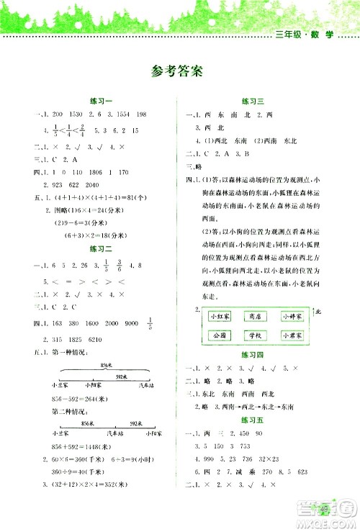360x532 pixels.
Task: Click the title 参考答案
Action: click(179, 71)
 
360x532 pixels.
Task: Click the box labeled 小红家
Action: click(218, 317)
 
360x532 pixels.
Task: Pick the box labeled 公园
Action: click(218, 335)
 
